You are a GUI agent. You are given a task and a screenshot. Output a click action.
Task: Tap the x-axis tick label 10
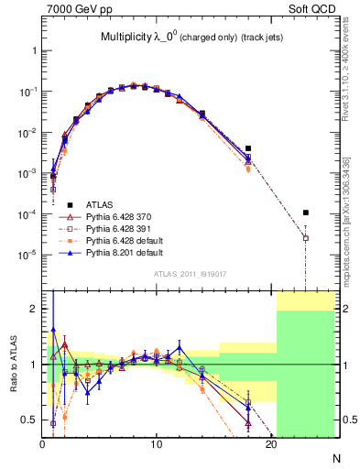157,445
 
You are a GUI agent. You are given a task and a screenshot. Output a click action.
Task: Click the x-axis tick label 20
271,445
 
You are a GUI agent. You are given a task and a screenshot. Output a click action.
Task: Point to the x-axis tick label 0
42,445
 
